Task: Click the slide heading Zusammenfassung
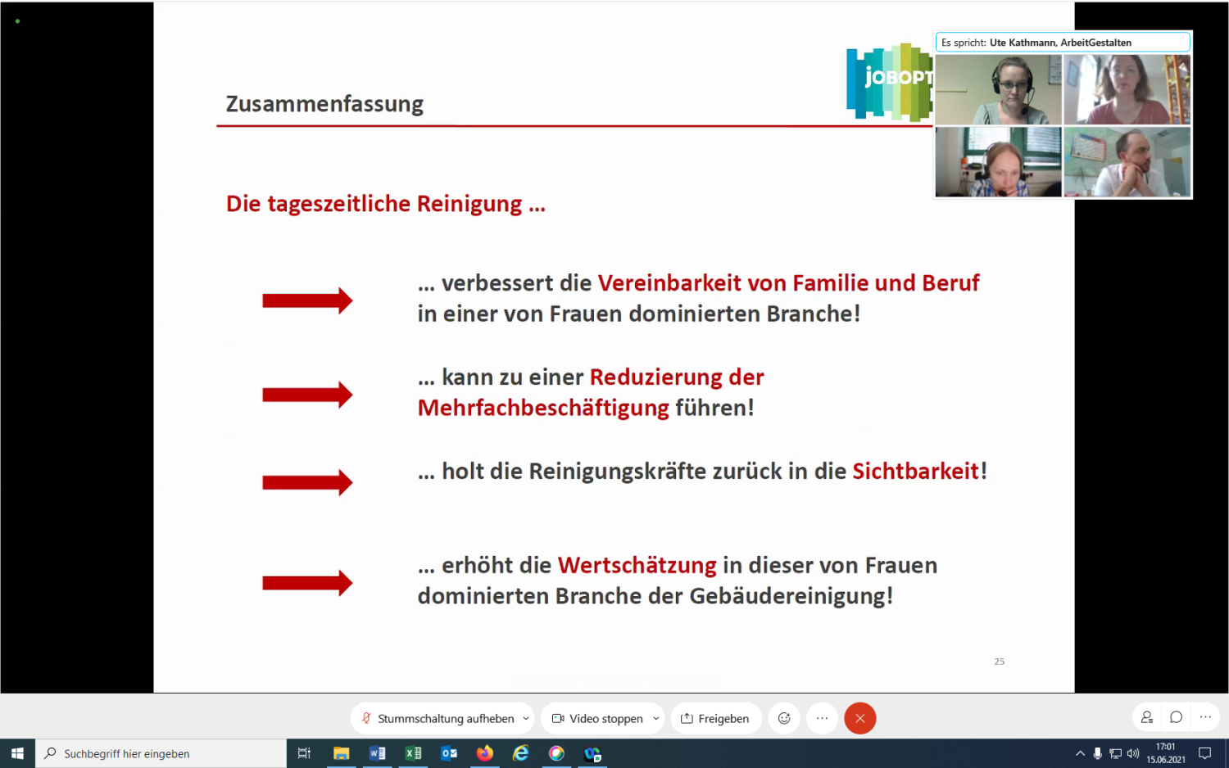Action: (324, 104)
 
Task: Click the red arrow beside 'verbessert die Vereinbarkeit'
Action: (307, 300)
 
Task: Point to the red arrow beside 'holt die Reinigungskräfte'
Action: (307, 482)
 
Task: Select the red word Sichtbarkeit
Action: (915, 472)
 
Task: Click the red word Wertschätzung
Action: (637, 566)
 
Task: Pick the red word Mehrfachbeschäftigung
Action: (543, 408)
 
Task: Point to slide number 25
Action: (999, 662)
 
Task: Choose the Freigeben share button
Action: (715, 718)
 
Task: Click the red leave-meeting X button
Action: (859, 718)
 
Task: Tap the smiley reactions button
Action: (784, 718)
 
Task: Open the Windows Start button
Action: (17, 753)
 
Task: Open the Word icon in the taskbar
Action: (377, 753)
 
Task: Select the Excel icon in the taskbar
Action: (413, 753)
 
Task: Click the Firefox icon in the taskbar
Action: (485, 753)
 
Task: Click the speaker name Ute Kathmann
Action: (1023, 43)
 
